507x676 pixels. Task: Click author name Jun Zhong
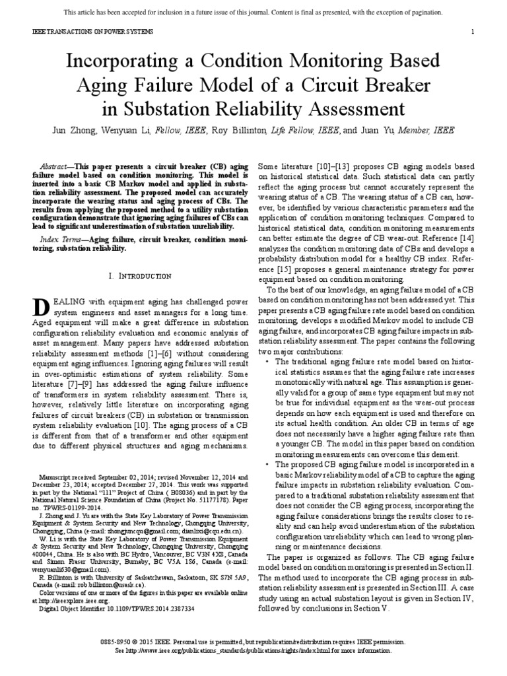click(x=75, y=131)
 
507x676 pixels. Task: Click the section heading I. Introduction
click(x=140, y=275)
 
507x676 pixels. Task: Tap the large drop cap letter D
click(x=39, y=306)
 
